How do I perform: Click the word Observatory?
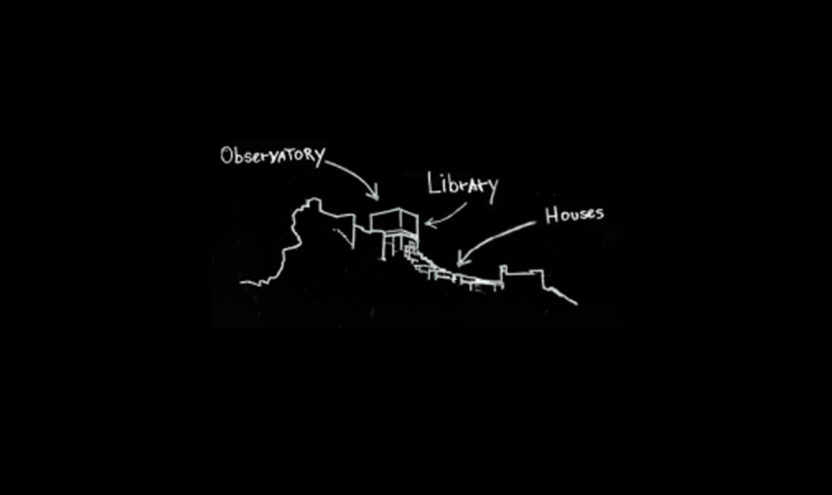[x=272, y=155]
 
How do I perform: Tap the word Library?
[x=462, y=185]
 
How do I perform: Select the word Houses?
[x=574, y=215]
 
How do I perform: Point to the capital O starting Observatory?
[x=227, y=156]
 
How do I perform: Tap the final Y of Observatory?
[x=318, y=154]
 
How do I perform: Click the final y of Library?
[x=491, y=186]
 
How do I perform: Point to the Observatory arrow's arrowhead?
[x=375, y=196]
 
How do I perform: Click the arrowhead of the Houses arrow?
[x=461, y=262]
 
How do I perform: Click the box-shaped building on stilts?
[x=394, y=220]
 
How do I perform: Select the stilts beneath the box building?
[x=393, y=245]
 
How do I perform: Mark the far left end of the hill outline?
[x=242, y=283]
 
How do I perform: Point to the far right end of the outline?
[x=576, y=304]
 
